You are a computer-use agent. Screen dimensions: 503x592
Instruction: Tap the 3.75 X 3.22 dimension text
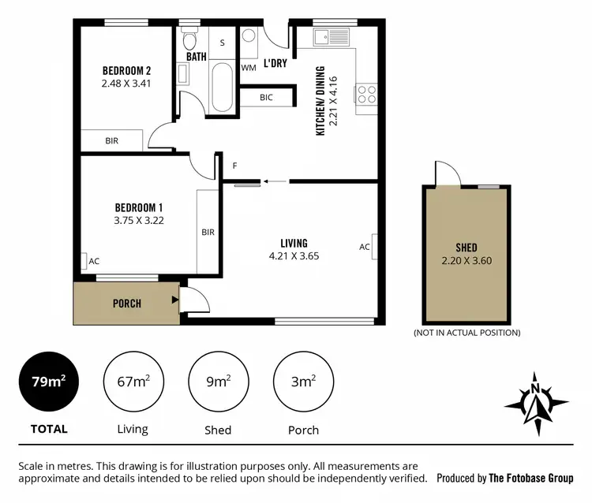point(138,221)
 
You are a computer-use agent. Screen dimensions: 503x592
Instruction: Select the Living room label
point(294,243)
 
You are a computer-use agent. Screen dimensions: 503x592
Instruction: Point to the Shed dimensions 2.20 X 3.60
point(466,260)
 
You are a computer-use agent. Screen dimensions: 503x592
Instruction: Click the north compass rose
point(536,402)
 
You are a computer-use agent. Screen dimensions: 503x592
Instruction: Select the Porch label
point(126,304)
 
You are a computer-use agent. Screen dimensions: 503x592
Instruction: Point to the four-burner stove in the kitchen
point(367,94)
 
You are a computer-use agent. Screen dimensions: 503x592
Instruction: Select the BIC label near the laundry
point(266,98)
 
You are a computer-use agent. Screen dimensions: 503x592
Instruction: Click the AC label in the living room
point(365,247)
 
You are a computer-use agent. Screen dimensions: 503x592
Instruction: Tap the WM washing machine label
point(249,68)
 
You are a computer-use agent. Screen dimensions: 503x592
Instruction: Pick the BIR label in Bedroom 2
point(111,141)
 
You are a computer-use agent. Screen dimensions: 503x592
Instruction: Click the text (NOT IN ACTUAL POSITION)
point(466,333)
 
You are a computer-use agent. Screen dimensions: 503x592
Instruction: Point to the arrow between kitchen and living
point(275,181)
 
